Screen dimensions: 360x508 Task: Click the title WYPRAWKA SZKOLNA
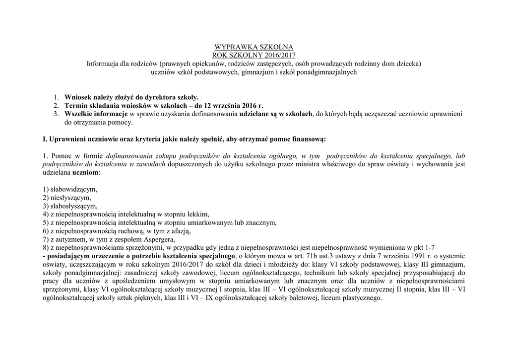254,47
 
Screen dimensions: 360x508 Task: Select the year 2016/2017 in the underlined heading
277,55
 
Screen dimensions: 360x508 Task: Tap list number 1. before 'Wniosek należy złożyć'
57,97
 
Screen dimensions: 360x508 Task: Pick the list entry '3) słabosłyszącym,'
70,206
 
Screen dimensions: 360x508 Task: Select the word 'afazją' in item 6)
180,231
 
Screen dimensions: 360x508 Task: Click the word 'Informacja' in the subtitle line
103,64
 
